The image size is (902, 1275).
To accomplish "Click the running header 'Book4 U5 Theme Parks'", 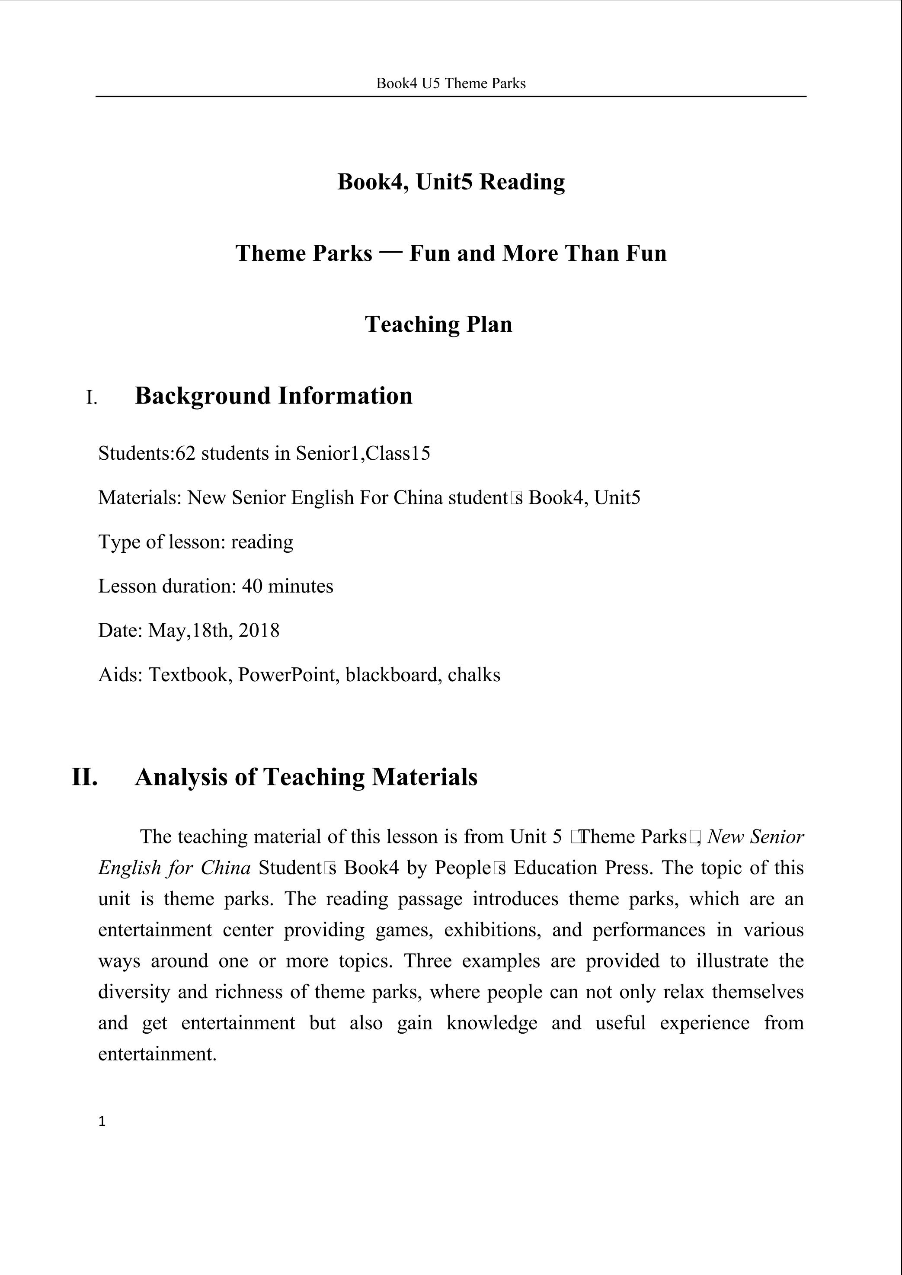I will tap(451, 83).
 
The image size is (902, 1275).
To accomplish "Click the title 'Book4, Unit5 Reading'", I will tap(451, 182).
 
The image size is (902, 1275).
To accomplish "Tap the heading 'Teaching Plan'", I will tap(438, 324).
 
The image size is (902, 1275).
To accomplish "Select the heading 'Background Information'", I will tap(273, 396).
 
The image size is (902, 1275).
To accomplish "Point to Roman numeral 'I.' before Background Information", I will tap(92, 398).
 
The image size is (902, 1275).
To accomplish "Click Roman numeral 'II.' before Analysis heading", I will tap(85, 777).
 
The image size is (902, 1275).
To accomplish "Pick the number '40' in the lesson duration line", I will tap(252, 586).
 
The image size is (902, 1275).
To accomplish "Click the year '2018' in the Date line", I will tap(259, 631).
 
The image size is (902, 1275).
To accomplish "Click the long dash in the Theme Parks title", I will tap(391, 252).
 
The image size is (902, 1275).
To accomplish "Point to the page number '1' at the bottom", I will tap(102, 1121).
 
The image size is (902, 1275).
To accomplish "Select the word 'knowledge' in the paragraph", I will tap(492, 1023).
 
